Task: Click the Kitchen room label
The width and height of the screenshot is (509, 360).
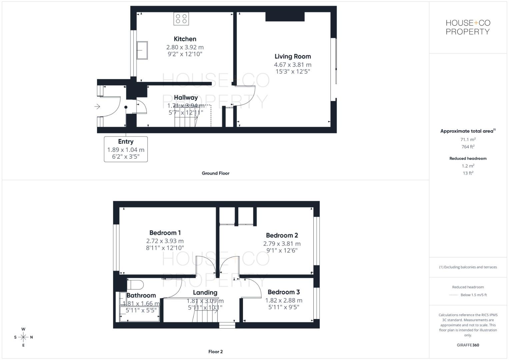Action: [185, 39]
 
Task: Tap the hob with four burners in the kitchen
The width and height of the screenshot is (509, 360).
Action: [181, 19]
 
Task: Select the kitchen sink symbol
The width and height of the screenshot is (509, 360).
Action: [142, 50]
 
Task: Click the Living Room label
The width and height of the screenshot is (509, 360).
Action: [293, 57]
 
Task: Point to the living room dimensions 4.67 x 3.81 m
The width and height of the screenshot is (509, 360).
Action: [293, 65]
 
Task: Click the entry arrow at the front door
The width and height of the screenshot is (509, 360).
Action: [97, 107]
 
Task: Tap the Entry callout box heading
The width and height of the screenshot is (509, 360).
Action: [126, 142]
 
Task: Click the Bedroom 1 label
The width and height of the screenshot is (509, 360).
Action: [165, 233]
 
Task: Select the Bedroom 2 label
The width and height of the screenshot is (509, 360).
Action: [282, 235]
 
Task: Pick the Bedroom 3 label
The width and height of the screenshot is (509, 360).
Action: [284, 292]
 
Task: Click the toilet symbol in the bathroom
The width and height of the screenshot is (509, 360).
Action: [135, 285]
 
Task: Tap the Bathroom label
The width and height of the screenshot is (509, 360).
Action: [141, 295]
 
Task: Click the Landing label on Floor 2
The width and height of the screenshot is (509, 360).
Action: [205, 293]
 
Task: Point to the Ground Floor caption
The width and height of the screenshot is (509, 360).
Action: [216, 173]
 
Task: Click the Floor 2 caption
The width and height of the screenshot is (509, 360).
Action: [216, 352]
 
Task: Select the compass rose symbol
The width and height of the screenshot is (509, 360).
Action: [23, 337]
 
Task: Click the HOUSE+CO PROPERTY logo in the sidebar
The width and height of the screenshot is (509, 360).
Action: [468, 27]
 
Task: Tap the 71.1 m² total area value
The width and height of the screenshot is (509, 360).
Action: [468, 140]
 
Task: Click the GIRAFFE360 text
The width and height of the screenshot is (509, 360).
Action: [468, 345]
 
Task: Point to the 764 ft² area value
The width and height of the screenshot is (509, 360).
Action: [468, 147]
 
